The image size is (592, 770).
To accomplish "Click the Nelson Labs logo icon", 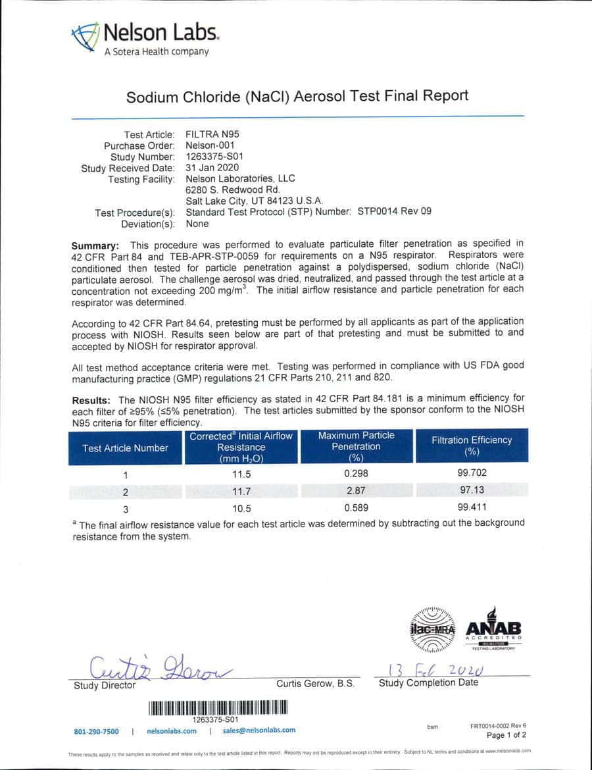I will pyautogui.click(x=86, y=38).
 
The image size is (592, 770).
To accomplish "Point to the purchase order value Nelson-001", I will pyautogui.click(x=210, y=145).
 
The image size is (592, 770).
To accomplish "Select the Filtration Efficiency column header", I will pyautogui.click(x=471, y=446).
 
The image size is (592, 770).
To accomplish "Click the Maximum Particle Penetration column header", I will pyautogui.click(x=356, y=446).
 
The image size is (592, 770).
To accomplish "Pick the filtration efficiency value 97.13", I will pyautogui.click(x=472, y=490).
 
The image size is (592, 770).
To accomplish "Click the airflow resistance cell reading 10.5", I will pyautogui.click(x=241, y=508).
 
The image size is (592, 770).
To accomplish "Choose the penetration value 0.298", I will pyautogui.click(x=356, y=473).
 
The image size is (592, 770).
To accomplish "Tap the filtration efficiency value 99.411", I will pyautogui.click(x=472, y=507).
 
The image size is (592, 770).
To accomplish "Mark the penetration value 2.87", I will pyautogui.click(x=356, y=490).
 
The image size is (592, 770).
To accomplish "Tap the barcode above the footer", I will pyautogui.click(x=218, y=708).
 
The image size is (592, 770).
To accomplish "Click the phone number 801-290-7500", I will pyautogui.click(x=96, y=731).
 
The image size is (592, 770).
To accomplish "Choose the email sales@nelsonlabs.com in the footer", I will pyautogui.click(x=259, y=730).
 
